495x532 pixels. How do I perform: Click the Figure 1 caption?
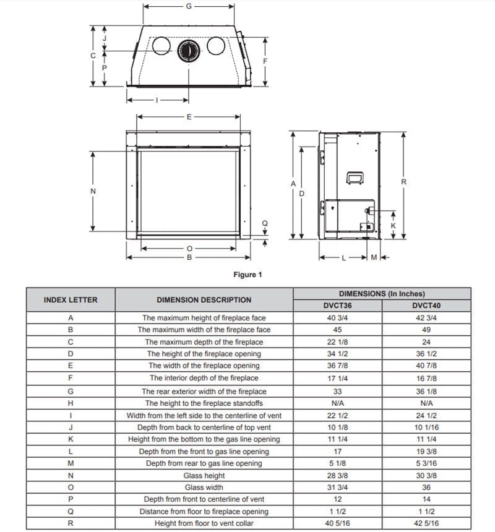tap(247, 275)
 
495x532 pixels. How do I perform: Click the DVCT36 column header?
tap(337, 306)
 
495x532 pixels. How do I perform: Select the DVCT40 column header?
tap(426, 306)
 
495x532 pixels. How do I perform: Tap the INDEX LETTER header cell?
tap(71, 300)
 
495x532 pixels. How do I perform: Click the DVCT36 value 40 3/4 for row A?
tap(337, 318)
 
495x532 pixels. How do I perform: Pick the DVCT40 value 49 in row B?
tap(426, 330)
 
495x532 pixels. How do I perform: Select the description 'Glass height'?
tap(204, 476)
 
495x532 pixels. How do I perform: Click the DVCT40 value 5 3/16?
tap(426, 463)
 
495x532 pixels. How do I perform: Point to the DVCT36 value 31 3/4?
tap(337, 487)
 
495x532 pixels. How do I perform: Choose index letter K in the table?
tap(71, 439)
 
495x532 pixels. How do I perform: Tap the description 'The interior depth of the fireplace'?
tap(204, 378)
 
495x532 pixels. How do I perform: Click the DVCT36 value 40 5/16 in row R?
tap(337, 523)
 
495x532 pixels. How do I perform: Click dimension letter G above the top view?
tap(189, 6)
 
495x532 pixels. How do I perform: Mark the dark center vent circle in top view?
tap(189, 49)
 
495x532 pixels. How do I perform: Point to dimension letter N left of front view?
tap(93, 191)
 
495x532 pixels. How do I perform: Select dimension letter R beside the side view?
tap(403, 182)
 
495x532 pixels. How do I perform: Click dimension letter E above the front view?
tap(189, 116)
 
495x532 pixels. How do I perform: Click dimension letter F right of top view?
tap(265, 61)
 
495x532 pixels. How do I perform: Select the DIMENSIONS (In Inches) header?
tap(382, 294)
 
